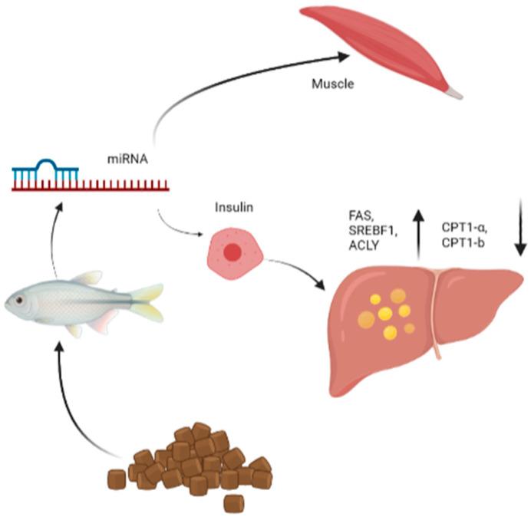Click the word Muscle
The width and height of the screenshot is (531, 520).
coord(332,84)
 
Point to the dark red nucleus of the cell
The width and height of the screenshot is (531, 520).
coord(231,254)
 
